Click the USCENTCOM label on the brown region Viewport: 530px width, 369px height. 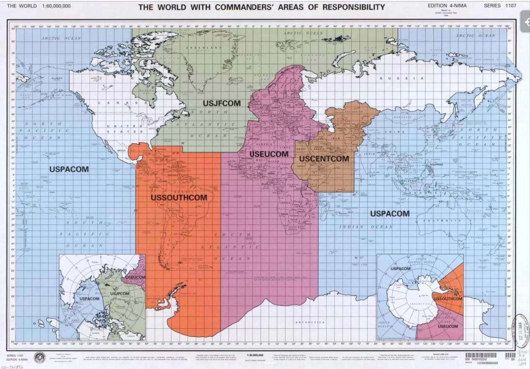point(324,159)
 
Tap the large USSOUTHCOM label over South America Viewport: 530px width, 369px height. point(179,197)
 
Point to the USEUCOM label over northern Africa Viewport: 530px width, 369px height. point(269,154)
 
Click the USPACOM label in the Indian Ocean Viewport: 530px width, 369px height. point(390,213)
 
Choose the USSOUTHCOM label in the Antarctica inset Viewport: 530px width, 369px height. point(448,299)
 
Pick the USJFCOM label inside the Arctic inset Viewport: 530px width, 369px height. point(120,294)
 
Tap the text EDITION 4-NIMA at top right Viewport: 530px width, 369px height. point(447,6)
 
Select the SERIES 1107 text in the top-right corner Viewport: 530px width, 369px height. point(501,6)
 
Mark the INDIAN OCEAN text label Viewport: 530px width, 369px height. point(366,227)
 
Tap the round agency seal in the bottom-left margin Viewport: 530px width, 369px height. point(39,356)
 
